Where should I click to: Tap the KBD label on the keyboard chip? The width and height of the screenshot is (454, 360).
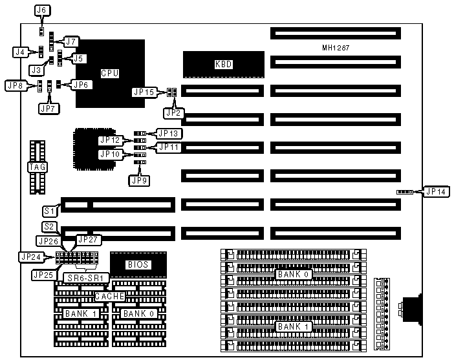coord(223,64)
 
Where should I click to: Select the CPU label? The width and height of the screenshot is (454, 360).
coord(109,73)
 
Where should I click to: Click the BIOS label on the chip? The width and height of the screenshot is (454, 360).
coord(138,264)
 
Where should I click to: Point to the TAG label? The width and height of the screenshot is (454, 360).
coord(36,167)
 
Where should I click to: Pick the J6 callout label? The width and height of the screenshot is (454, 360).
coord(41,10)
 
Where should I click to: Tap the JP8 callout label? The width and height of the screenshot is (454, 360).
coord(14,85)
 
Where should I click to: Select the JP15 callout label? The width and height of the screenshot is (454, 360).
coord(143,92)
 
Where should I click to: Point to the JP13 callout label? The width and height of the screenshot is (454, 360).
coord(169,133)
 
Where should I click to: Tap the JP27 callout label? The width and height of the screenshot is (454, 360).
coord(89,240)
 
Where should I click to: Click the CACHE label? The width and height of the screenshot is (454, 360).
coord(109,296)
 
